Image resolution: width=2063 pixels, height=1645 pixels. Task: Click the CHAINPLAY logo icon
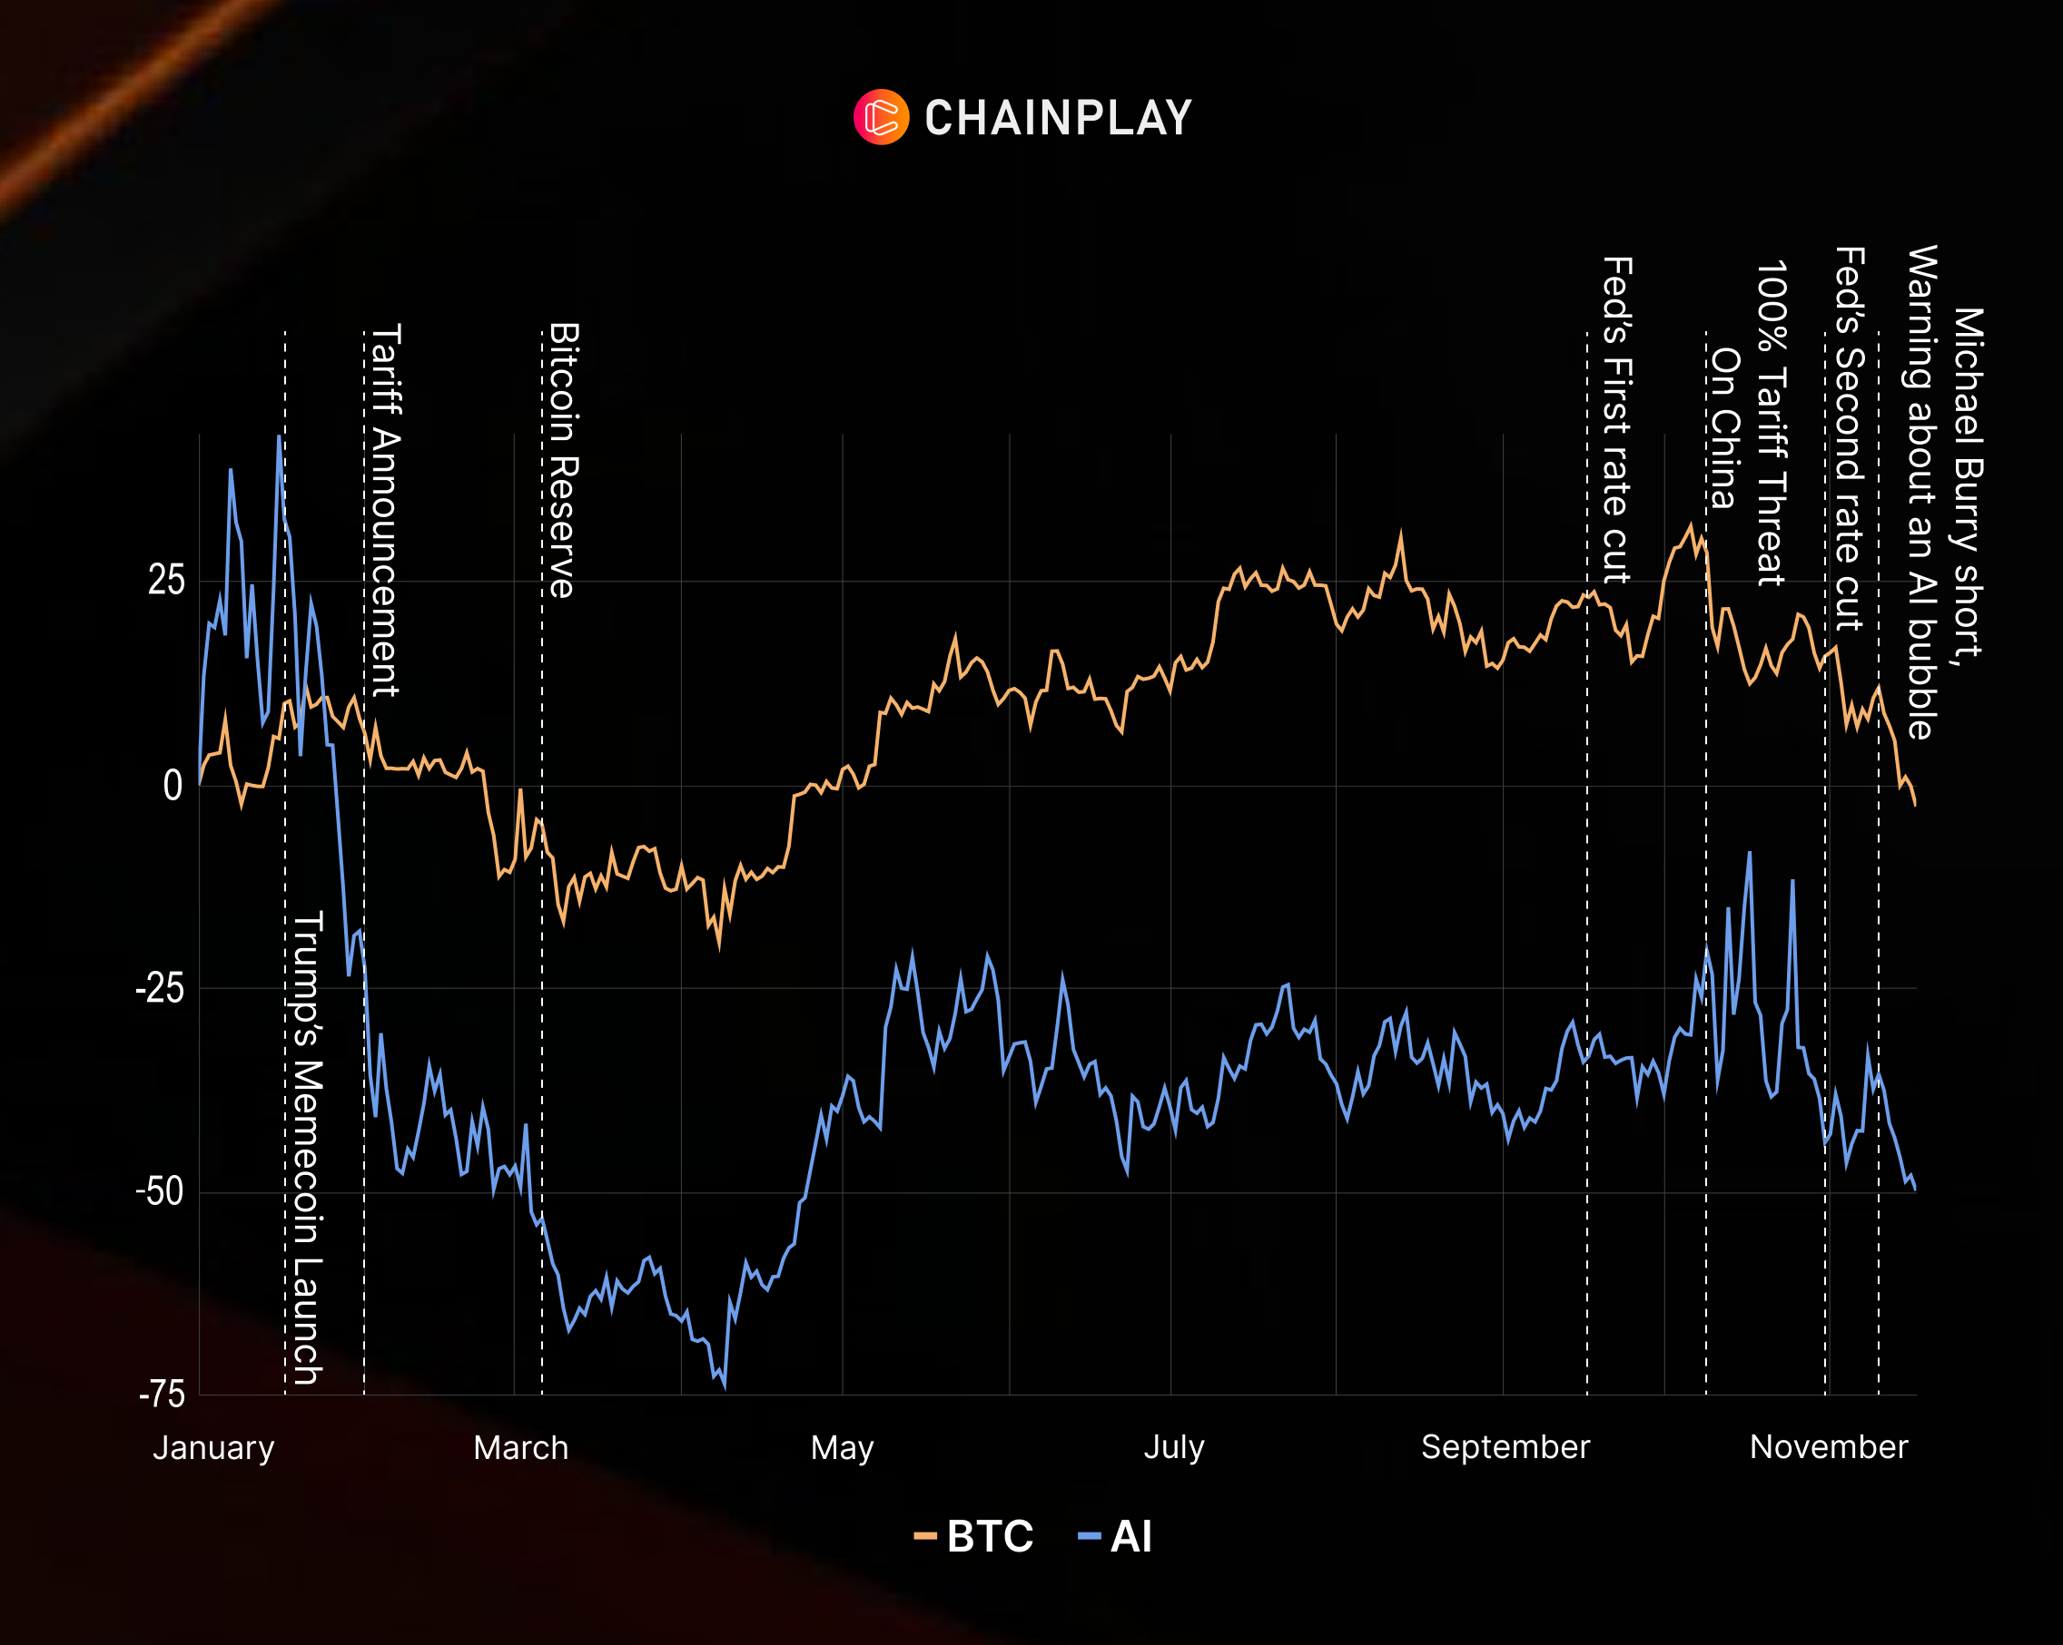coord(880,118)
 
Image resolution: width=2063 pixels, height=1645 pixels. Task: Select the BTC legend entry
coord(975,1537)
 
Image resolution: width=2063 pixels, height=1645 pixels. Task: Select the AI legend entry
coord(1116,1537)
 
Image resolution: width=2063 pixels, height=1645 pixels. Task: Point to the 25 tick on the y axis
coord(165,581)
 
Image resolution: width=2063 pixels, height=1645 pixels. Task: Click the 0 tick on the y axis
coord(173,786)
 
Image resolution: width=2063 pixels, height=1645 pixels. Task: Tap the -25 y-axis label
coord(160,988)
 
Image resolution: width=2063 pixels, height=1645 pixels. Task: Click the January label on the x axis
coord(213,1447)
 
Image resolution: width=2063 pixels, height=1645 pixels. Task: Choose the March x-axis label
coord(520,1447)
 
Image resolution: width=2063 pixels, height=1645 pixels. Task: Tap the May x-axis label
coord(842,1447)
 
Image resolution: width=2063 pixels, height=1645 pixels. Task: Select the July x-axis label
coord(1174,1446)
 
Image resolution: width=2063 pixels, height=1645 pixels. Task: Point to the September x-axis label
coord(1505,1446)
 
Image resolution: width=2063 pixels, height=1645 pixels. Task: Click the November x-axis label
coord(1829,1446)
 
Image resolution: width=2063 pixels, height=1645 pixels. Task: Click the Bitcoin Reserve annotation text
coord(564,460)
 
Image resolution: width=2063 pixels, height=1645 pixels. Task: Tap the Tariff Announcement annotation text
coord(386,510)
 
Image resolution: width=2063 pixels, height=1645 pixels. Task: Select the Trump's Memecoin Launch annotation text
coord(307,1147)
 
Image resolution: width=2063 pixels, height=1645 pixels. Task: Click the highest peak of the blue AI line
coord(280,437)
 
